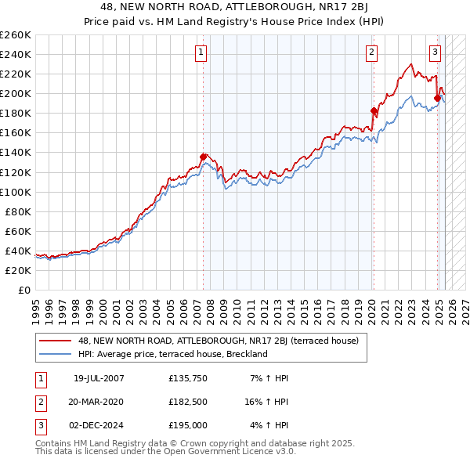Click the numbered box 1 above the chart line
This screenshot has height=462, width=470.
click(201, 52)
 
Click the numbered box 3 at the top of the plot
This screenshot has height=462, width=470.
click(435, 52)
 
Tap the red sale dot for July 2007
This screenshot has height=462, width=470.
click(204, 157)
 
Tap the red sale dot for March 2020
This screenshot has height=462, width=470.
click(374, 110)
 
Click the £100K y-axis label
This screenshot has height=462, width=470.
click(16, 192)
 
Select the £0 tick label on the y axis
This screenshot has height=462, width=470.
click(23, 290)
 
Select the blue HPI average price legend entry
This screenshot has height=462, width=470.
click(172, 354)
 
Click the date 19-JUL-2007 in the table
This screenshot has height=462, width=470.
click(99, 378)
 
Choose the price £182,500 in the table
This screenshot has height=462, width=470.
click(188, 402)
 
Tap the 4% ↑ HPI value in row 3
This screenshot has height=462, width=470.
click(269, 425)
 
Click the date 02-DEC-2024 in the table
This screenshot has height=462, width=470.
click(99, 425)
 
